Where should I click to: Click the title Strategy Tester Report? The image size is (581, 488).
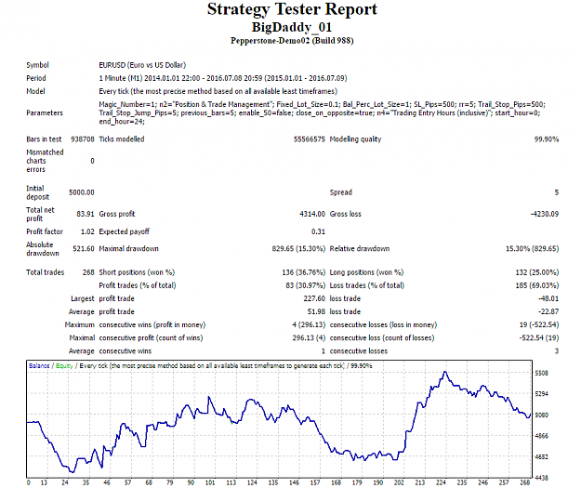click(x=292, y=9)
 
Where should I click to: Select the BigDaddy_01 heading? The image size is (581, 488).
click(x=292, y=27)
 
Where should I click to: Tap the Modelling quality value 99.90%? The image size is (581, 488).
click(x=547, y=139)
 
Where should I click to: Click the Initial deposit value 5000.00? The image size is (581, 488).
click(x=82, y=192)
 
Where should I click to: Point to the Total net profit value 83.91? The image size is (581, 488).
click(x=86, y=214)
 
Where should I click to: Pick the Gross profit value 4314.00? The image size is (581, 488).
click(x=312, y=214)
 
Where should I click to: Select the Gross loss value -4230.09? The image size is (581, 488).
click(x=545, y=214)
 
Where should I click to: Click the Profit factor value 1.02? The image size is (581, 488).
click(x=87, y=231)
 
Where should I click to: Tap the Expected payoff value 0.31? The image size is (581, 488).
click(x=318, y=231)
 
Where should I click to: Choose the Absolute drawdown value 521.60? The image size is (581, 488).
click(x=84, y=248)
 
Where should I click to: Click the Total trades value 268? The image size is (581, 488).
click(x=88, y=272)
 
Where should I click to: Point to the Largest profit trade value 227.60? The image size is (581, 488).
click(x=314, y=298)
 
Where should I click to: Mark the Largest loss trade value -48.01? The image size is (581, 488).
click(x=548, y=298)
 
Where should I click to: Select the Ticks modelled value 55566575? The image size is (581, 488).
click(x=310, y=139)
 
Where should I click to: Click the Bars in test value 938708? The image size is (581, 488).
click(x=83, y=139)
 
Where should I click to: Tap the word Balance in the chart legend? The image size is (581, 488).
click(x=39, y=365)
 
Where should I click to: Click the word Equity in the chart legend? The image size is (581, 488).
click(x=64, y=365)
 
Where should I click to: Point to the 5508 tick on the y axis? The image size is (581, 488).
click(x=541, y=373)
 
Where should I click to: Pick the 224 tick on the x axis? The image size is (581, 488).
click(x=441, y=482)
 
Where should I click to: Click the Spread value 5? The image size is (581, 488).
click(x=557, y=192)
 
